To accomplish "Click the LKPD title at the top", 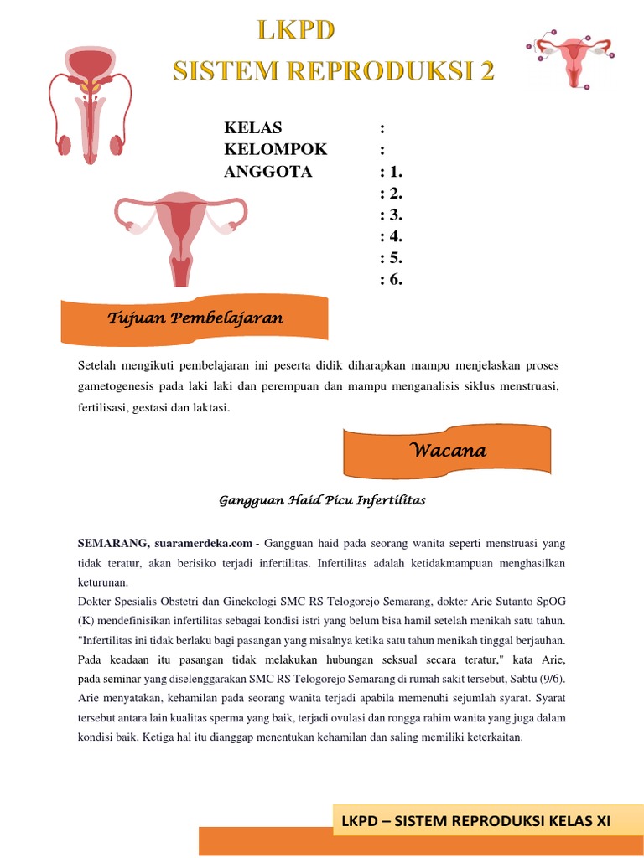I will click(295, 32).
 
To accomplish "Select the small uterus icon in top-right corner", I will click(573, 59).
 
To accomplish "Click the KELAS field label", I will click(253, 128).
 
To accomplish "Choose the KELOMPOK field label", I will click(276, 150).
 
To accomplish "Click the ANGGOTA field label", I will click(268, 172).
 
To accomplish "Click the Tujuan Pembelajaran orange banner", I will click(195, 318).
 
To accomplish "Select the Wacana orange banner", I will click(448, 451).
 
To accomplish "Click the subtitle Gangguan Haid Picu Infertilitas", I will click(322, 500).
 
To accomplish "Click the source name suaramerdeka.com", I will click(203, 544).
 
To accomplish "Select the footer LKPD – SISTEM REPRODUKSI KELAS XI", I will click(475, 822).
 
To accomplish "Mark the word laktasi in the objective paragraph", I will click(209, 408).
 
